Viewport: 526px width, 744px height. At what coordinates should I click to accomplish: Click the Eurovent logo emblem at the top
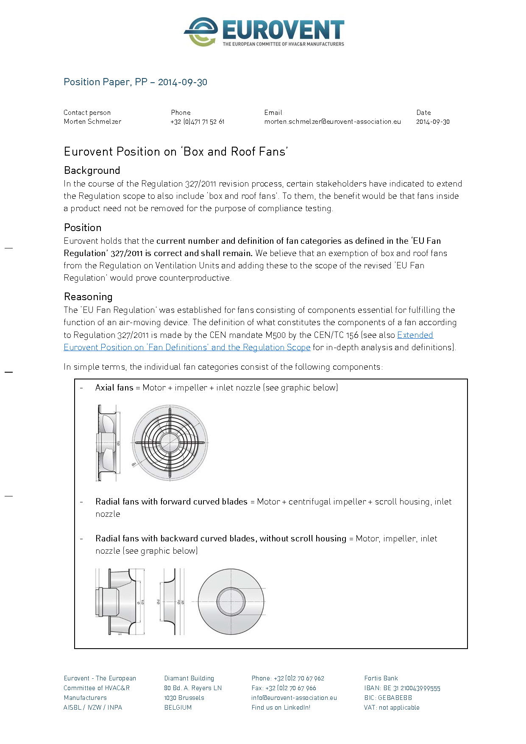point(201,32)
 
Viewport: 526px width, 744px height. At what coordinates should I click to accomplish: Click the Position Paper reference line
point(135,82)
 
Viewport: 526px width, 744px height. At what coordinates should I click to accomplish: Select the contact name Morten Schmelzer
point(92,122)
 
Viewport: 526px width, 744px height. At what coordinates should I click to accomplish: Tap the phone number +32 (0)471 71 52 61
point(197,122)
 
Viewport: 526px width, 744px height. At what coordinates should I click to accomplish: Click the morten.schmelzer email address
point(332,122)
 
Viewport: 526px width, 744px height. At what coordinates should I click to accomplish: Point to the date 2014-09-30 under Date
point(432,122)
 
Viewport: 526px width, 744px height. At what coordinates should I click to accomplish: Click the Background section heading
point(92,170)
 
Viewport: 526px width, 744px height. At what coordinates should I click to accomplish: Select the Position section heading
point(83,228)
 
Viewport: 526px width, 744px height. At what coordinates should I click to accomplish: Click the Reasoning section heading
point(88,297)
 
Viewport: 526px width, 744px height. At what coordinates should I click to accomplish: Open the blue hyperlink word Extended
point(415,335)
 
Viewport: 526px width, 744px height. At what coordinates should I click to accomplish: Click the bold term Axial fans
point(114,387)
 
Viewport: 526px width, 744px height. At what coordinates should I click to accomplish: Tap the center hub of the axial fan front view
point(170,443)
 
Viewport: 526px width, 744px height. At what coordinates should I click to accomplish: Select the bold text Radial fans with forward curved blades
point(171,502)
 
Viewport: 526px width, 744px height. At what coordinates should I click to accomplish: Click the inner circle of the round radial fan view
point(231,601)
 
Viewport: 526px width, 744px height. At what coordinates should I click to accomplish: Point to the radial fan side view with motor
point(120,601)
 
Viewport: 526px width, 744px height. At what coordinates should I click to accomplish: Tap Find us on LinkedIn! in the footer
point(281,708)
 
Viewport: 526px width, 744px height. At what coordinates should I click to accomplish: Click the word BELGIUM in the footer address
point(178,708)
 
